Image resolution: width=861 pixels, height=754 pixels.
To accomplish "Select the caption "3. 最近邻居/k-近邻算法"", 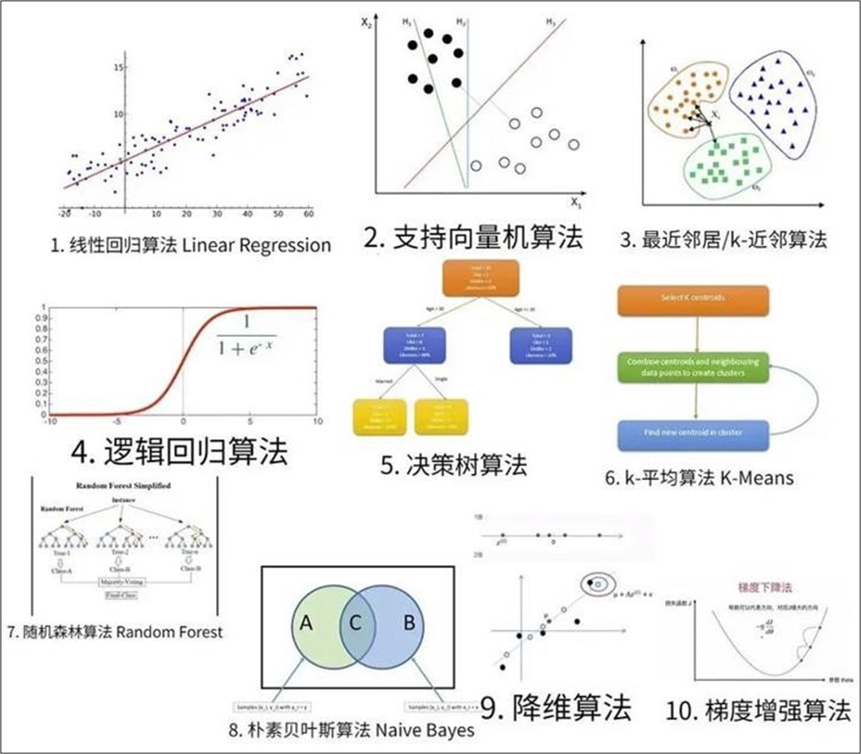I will pyautogui.click(x=723, y=239).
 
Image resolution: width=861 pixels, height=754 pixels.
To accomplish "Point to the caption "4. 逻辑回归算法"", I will pyautogui.click(x=179, y=452).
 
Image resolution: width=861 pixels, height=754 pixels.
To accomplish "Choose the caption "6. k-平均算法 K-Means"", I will pyautogui.click(x=699, y=478).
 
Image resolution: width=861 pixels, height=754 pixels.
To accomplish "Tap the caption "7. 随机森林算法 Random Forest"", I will pyautogui.click(x=114, y=632).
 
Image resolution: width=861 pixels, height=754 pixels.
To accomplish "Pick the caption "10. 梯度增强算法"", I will pyautogui.click(x=759, y=710).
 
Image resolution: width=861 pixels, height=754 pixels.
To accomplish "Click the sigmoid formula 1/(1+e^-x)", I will pyautogui.click(x=246, y=336).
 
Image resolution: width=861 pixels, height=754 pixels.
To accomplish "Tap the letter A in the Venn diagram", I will pyautogui.click(x=307, y=623).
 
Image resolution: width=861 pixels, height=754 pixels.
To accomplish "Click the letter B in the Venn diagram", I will pyautogui.click(x=409, y=623).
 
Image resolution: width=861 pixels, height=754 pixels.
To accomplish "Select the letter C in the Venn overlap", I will pyautogui.click(x=356, y=623).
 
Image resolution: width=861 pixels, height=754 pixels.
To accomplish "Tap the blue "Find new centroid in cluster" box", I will pyautogui.click(x=692, y=433).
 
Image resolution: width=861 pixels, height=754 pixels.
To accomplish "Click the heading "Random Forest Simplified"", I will pyautogui.click(x=123, y=485).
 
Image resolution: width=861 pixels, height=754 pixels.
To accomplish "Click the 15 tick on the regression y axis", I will pyautogui.click(x=118, y=68).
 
